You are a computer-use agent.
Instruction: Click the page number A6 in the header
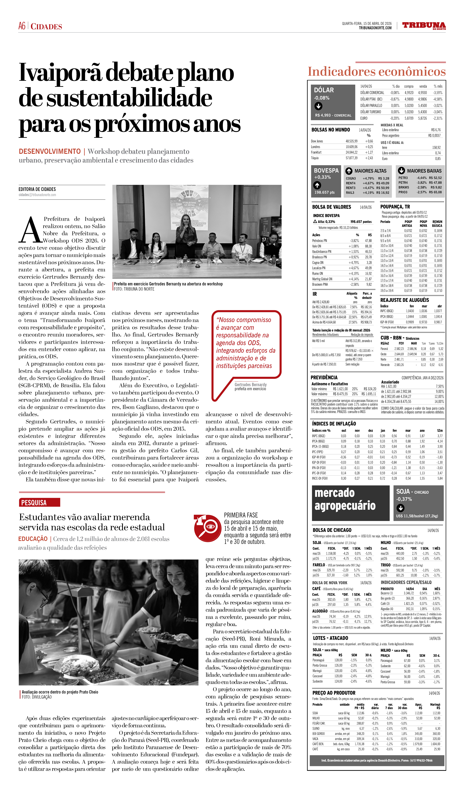coord(22,26)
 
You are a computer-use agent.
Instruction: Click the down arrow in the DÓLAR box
coord(318,106)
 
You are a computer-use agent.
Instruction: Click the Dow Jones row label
coord(317,141)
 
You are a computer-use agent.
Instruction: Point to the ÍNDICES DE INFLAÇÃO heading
coord(334,424)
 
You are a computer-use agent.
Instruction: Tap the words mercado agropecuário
coord(345,499)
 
